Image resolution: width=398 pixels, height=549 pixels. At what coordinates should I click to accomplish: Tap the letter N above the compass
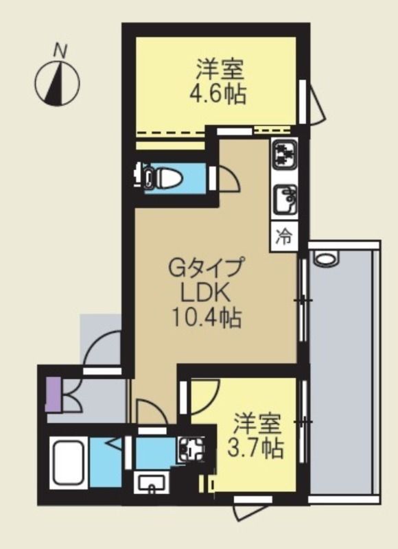point(60,49)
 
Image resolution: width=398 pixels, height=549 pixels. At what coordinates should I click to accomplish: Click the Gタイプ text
point(206,266)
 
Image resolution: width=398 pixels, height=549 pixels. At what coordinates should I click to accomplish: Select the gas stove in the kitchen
point(283,155)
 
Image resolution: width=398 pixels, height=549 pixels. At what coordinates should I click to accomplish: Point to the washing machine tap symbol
point(188,450)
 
